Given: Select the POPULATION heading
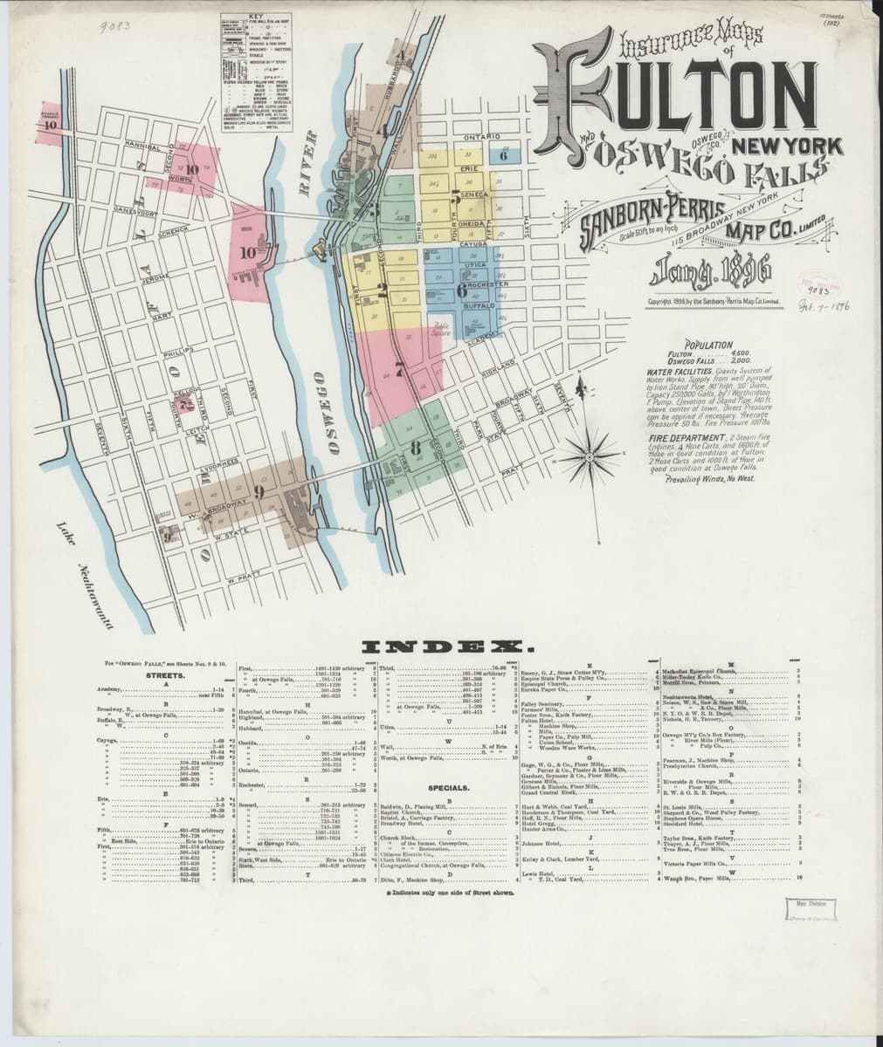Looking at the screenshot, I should [709, 345].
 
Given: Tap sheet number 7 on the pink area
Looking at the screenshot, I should [400, 369].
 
